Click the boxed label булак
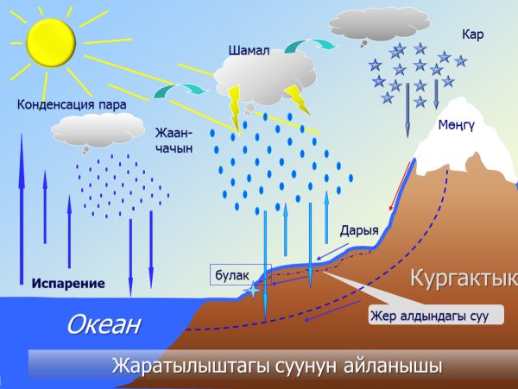coord(232,275)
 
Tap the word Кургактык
coord(463,279)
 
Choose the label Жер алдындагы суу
coord(429,316)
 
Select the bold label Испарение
coord(68,283)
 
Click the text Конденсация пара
coord(72,105)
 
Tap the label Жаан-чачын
coord(173,141)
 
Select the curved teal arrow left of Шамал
coord(180,88)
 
